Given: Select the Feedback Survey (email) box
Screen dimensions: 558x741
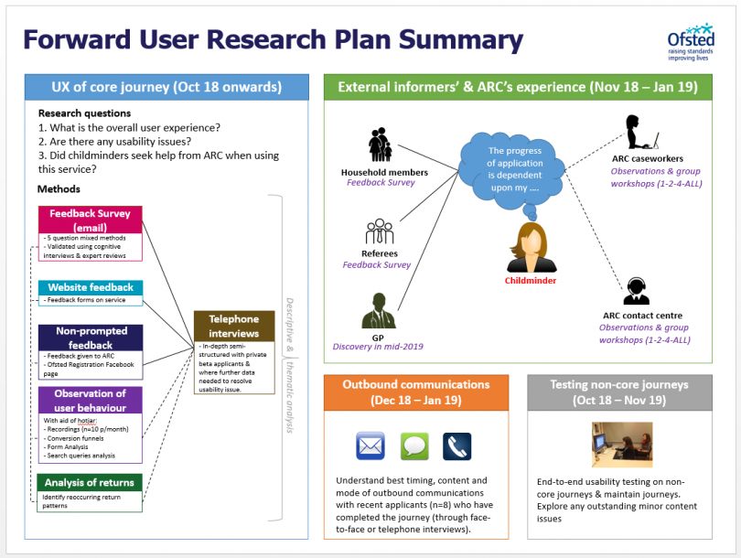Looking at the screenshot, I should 90,220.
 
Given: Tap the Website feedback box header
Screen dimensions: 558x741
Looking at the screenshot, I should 90,287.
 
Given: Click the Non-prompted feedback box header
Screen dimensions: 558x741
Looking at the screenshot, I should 90,338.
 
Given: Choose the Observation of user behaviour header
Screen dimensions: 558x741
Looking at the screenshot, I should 90,400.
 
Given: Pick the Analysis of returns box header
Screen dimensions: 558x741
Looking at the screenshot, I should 90,482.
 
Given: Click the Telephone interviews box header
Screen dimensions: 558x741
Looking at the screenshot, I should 234,327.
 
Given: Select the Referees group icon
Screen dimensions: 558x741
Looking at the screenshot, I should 379,232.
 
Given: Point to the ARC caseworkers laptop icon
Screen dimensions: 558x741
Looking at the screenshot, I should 640,132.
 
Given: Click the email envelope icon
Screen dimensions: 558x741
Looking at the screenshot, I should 370,445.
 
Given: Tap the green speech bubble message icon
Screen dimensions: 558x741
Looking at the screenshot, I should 414,446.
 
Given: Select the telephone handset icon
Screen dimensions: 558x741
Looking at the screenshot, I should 456,446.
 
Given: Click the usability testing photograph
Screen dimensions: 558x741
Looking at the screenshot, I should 620,445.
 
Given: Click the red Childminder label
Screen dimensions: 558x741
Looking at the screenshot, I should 531,281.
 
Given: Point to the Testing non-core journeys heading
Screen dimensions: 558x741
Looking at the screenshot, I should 620,392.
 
